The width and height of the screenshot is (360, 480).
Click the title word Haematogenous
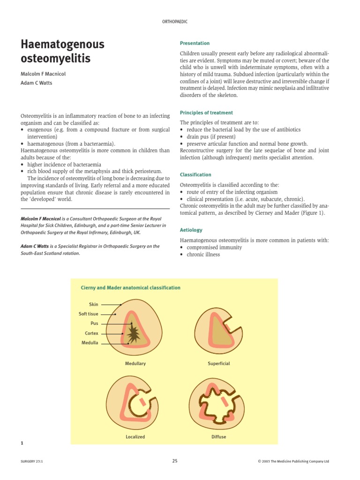(x=62, y=45)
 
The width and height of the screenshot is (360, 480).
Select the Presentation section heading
(x=195, y=43)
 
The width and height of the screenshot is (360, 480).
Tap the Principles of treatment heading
(x=206, y=113)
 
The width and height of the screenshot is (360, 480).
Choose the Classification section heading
(x=195, y=175)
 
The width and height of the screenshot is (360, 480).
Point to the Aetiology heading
(x=191, y=230)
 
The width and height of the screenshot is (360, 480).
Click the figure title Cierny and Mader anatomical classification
(x=131, y=288)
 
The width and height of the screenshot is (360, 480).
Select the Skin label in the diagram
(x=93, y=305)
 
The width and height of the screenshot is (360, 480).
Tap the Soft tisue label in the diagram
(x=88, y=314)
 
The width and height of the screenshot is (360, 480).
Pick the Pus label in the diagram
(x=94, y=323)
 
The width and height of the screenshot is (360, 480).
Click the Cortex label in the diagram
(x=91, y=333)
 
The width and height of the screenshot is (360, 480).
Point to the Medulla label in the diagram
(x=90, y=343)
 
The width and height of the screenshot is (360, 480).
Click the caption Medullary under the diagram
(x=135, y=364)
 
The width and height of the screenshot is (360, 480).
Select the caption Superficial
(x=219, y=364)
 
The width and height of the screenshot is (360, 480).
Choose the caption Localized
(x=135, y=437)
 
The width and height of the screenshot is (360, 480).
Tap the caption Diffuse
(x=219, y=437)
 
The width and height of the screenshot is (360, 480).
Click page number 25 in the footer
(x=175, y=461)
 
